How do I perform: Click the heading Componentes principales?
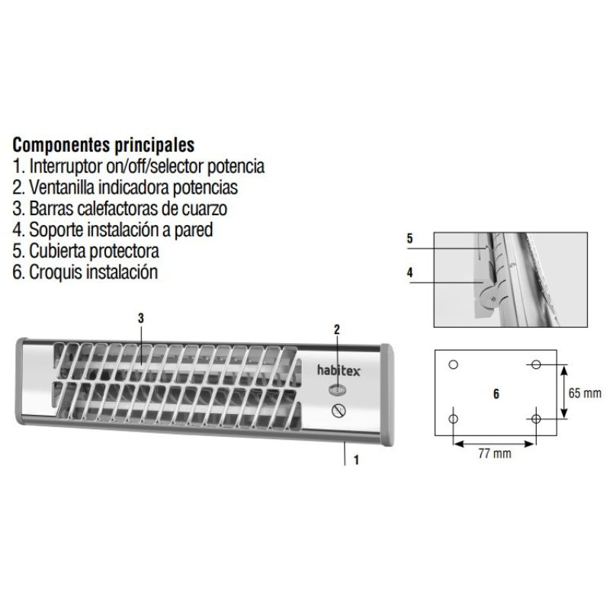104,145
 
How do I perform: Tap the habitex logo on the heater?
339,370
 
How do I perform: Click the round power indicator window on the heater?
337,389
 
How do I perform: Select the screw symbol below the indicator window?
339,410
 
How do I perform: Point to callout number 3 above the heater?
141,318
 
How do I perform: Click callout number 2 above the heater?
337,329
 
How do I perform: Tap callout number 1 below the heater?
356,461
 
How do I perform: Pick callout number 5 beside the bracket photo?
409,238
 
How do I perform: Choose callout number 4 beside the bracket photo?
409,272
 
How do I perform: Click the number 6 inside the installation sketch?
496,393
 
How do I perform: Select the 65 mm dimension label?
585,393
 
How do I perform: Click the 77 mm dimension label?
495,454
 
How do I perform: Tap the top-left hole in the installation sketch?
453,364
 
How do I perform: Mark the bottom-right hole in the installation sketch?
536,419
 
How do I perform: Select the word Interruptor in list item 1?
66,166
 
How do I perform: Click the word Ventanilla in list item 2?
62,188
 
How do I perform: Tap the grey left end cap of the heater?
21,381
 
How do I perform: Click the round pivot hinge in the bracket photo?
490,298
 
